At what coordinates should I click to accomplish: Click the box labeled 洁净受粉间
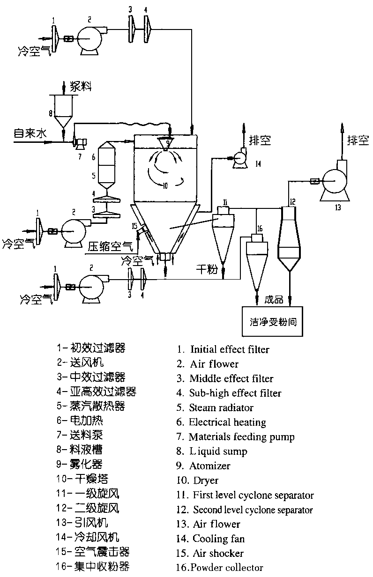[x=272, y=323]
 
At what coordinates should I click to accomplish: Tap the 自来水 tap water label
[x=30, y=134]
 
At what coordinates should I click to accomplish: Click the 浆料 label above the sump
[x=81, y=86]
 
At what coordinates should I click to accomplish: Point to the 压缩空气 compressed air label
[x=111, y=244]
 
